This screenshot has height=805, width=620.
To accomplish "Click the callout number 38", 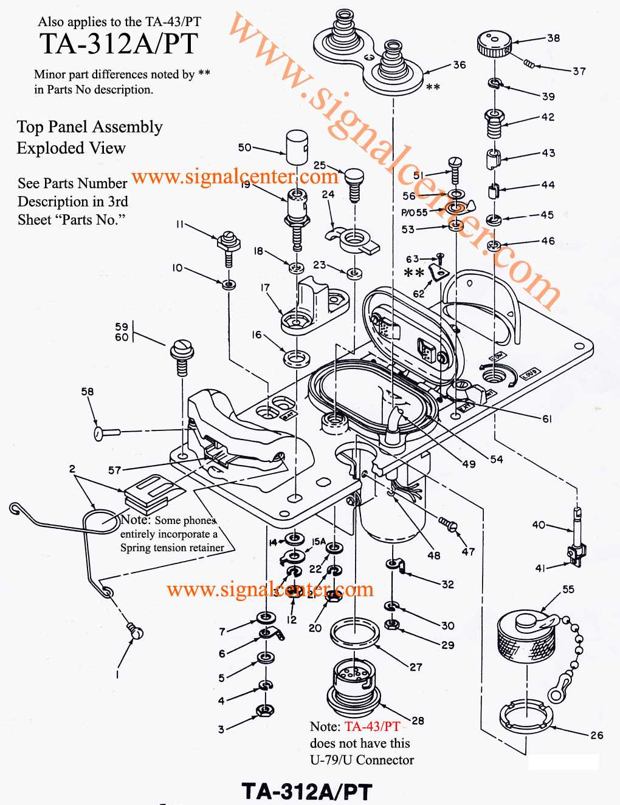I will (553, 38).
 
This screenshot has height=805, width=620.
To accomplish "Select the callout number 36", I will (460, 65).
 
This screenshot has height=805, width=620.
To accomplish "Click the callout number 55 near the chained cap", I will (568, 589).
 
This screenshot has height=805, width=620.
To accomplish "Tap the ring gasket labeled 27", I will (355, 633).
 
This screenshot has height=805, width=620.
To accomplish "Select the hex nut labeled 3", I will (265, 709).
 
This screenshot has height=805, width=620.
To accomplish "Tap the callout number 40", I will (539, 525).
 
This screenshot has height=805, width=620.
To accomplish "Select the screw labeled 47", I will (448, 524).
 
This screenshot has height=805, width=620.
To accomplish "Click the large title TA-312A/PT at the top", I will (119, 44).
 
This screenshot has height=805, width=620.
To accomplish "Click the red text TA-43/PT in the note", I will (372, 727).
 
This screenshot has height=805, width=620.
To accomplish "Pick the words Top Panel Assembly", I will (90, 127).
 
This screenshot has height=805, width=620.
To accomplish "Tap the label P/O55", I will (414, 212).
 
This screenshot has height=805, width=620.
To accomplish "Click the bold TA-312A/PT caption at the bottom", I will (307, 791).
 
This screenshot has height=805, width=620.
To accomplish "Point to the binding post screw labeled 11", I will (229, 243).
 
